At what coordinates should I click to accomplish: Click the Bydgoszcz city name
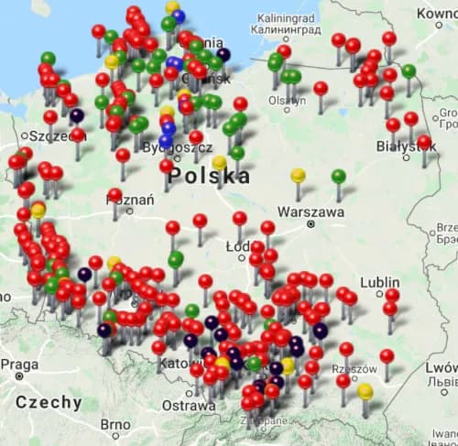(x=202, y=148)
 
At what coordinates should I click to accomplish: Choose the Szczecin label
(x=50, y=136)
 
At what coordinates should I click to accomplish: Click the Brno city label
(x=115, y=426)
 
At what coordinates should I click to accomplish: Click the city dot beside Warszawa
(x=311, y=223)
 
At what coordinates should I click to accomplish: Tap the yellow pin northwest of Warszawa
(x=298, y=176)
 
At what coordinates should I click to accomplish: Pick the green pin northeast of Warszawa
(x=338, y=177)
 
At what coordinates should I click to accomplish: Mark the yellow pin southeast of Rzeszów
(x=365, y=393)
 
